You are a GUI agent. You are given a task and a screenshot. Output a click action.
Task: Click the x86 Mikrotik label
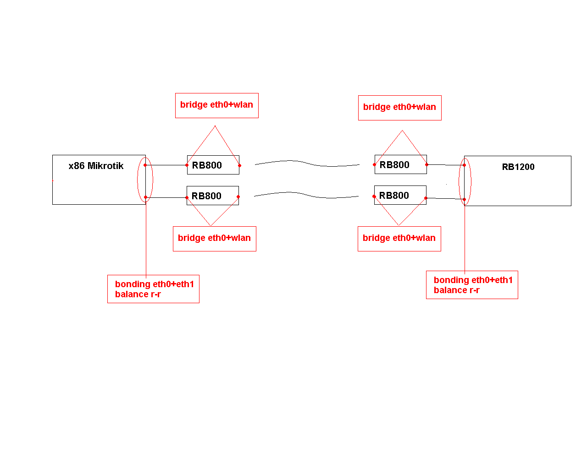[96, 166]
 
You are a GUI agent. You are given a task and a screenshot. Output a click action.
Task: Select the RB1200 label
[518, 167]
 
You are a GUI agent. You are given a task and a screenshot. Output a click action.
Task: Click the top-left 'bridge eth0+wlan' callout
[216, 105]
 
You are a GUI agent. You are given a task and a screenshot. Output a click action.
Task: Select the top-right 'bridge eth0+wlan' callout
[399, 108]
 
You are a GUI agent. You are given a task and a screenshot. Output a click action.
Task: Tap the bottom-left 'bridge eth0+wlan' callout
[214, 239]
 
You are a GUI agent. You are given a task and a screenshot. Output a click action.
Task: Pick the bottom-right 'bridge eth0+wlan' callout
[399, 239]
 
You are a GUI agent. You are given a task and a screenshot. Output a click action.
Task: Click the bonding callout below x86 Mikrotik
[153, 289]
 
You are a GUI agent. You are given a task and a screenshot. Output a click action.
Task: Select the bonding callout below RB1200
[472, 285]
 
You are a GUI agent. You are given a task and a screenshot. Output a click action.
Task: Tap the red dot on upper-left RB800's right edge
[239, 165]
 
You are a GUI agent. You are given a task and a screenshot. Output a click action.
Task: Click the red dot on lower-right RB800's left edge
[374, 196]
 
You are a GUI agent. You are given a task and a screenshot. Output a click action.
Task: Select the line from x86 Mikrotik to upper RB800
[166, 165]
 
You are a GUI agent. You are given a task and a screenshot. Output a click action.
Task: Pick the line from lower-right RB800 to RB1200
[445, 198]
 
